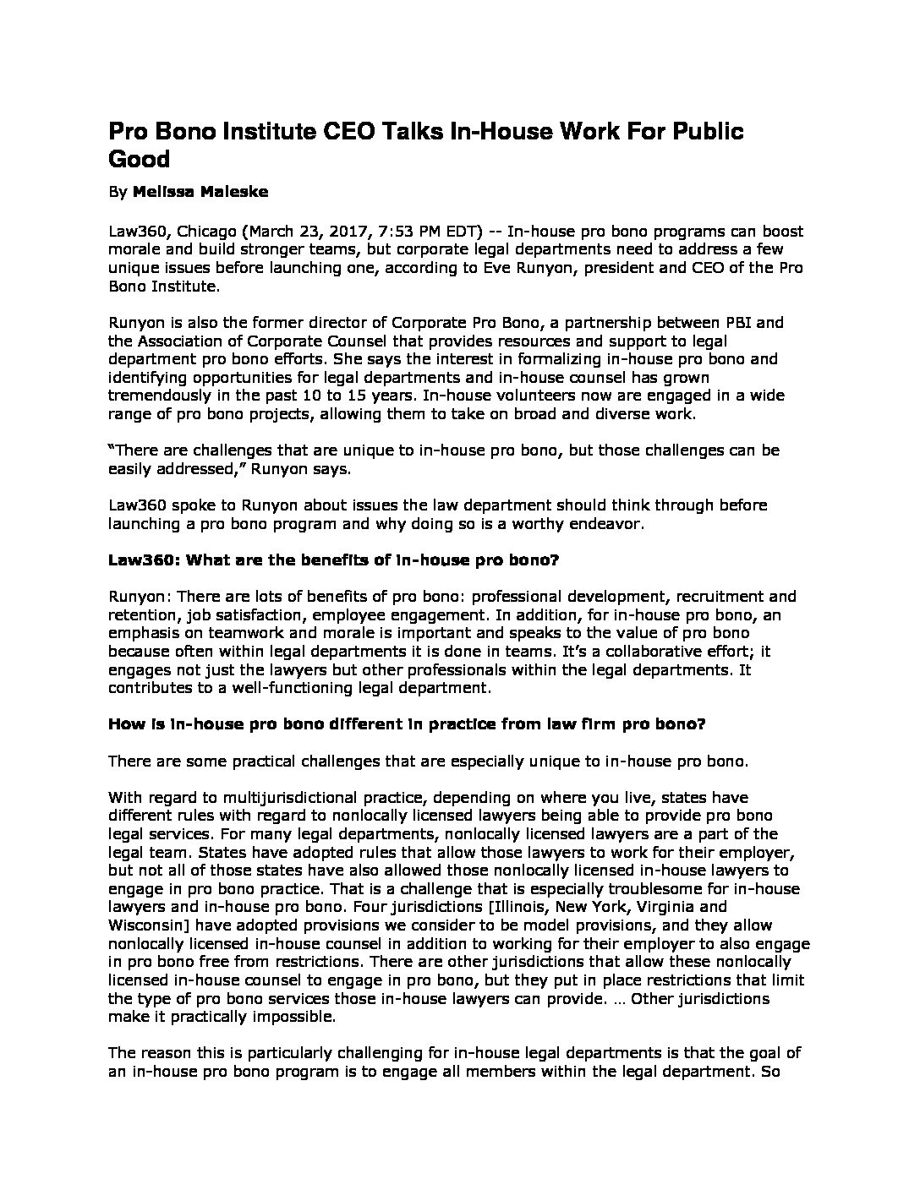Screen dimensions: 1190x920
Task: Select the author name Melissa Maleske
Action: click(200, 192)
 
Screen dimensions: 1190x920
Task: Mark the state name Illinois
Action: click(584, 908)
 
